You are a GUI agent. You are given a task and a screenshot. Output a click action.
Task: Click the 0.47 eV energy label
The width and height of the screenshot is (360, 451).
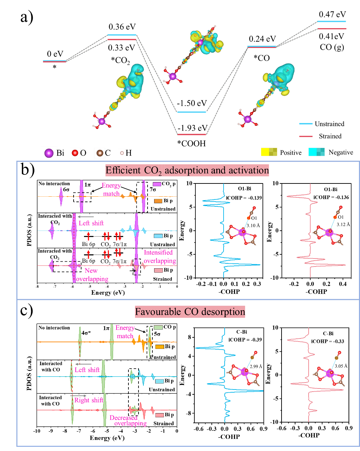click(x=332, y=14)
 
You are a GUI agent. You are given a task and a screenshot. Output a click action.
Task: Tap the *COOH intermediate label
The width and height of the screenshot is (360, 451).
click(x=192, y=143)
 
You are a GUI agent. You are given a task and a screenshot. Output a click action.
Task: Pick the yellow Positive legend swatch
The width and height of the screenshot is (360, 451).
click(x=269, y=152)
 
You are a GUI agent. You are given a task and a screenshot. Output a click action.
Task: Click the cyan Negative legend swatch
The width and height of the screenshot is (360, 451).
click(x=316, y=152)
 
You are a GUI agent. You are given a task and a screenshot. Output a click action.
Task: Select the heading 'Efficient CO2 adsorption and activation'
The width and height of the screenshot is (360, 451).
click(x=187, y=170)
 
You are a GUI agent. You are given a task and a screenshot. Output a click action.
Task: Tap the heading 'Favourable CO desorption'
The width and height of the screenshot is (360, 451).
click(x=190, y=311)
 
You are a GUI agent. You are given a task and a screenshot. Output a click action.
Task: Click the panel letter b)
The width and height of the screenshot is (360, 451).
click(x=27, y=170)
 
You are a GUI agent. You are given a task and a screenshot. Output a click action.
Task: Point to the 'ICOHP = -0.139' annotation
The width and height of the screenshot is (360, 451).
click(x=244, y=198)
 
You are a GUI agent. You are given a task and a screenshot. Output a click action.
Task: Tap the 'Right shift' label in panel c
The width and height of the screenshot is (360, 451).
click(x=88, y=400)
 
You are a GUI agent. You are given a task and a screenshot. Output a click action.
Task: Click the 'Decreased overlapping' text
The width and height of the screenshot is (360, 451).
click(x=128, y=421)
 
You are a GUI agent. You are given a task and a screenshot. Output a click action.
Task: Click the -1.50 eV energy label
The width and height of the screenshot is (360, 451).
click(x=192, y=104)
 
